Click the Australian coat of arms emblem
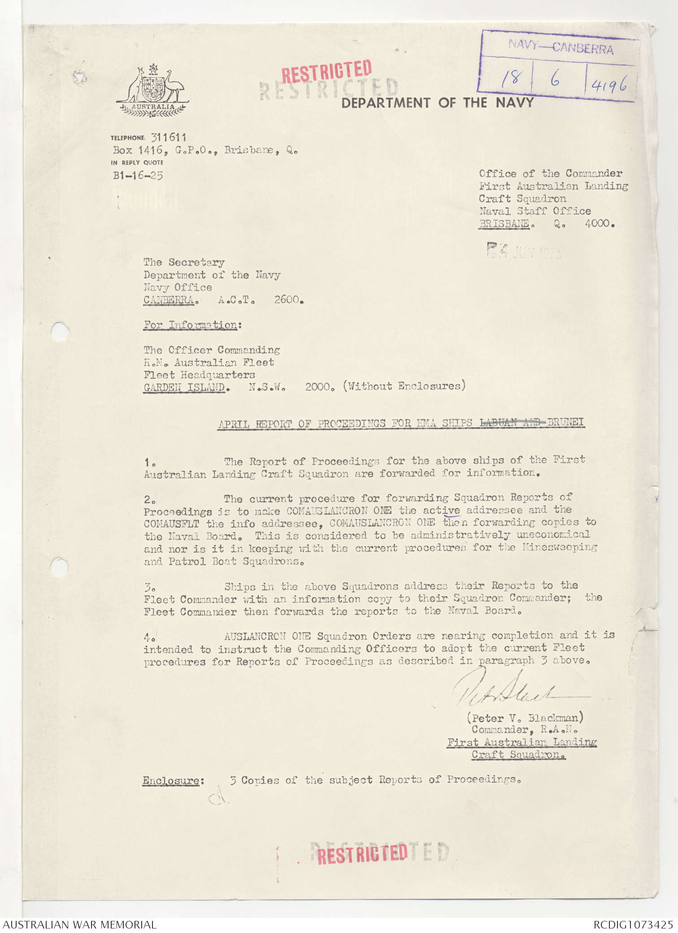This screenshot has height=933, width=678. click(x=152, y=91)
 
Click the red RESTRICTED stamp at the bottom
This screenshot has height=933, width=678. click(x=362, y=854)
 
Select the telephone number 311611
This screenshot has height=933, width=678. click(x=168, y=138)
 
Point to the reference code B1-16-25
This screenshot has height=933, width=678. click(x=138, y=175)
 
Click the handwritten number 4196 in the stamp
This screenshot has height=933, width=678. click(x=608, y=84)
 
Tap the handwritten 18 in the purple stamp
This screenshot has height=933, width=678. click(x=510, y=78)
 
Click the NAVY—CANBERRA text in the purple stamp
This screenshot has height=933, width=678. click(x=561, y=46)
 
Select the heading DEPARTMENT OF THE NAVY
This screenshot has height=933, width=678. click(x=437, y=103)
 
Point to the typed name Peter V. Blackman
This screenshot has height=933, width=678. click(x=525, y=717)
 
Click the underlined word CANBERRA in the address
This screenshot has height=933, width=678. click(x=169, y=300)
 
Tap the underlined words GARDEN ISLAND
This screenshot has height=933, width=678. click(x=184, y=387)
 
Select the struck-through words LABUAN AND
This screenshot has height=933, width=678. click(x=512, y=422)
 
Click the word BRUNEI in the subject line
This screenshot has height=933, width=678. click(x=565, y=422)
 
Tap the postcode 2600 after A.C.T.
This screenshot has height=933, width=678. click(x=288, y=299)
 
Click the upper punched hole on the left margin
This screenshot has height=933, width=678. click(x=60, y=332)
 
